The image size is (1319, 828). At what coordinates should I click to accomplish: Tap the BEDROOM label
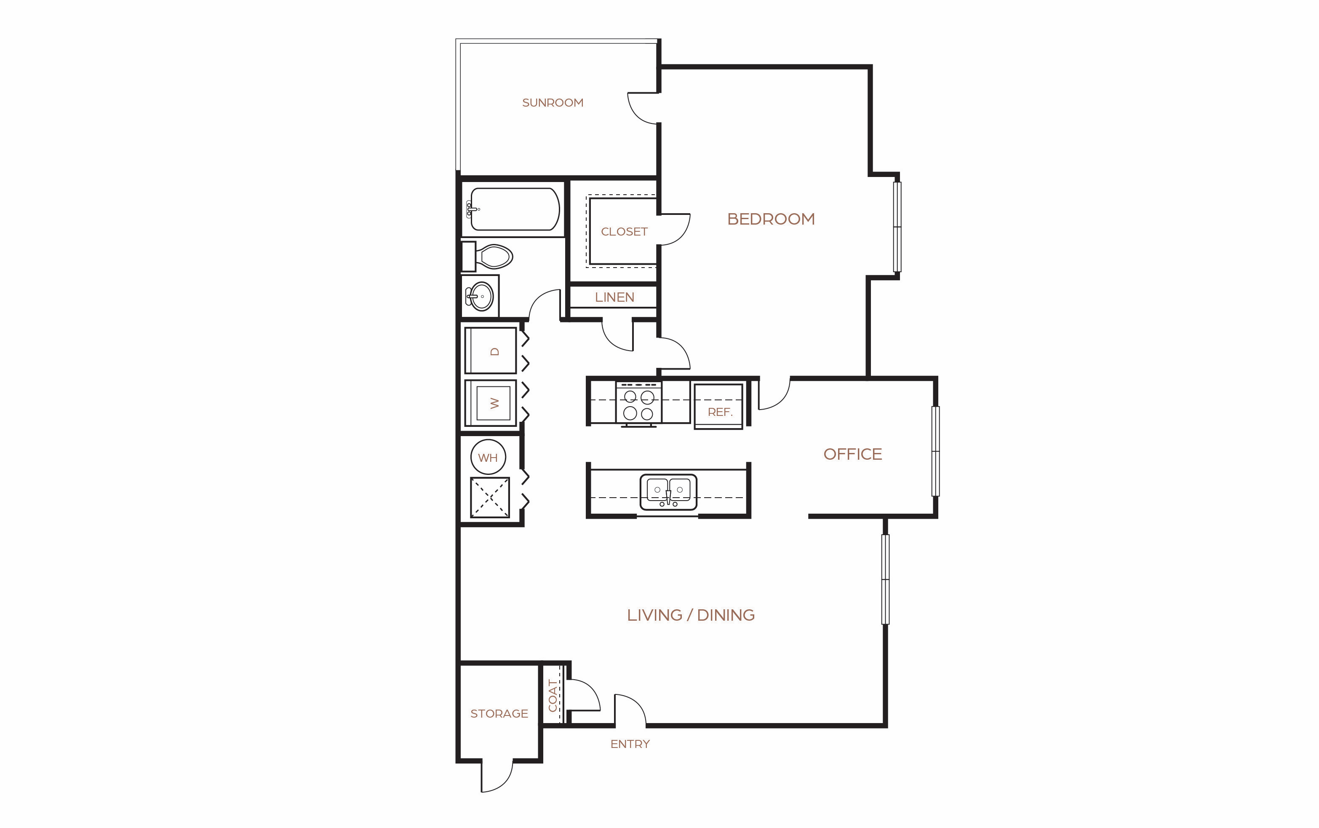771,219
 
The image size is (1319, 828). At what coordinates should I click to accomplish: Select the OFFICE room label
853,454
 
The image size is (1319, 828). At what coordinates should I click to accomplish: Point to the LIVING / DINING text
691,615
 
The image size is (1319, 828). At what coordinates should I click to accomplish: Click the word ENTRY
630,744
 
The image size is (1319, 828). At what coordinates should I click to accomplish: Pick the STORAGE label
499,713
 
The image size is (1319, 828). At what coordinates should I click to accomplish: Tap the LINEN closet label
614,297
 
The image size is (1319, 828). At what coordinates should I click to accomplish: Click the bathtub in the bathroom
513,209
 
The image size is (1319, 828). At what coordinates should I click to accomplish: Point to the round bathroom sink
481,296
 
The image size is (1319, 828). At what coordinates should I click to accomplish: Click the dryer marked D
490,351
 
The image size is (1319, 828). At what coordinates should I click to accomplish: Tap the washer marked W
490,403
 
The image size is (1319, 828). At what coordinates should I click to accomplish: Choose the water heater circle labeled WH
488,457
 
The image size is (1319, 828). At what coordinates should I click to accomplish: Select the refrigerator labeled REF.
718,406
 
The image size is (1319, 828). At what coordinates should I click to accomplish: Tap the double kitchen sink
668,491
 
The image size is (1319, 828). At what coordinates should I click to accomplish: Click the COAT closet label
553,695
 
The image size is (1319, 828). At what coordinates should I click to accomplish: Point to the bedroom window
897,227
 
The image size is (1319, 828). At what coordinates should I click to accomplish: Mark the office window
935,451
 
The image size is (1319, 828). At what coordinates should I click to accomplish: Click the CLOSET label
624,232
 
